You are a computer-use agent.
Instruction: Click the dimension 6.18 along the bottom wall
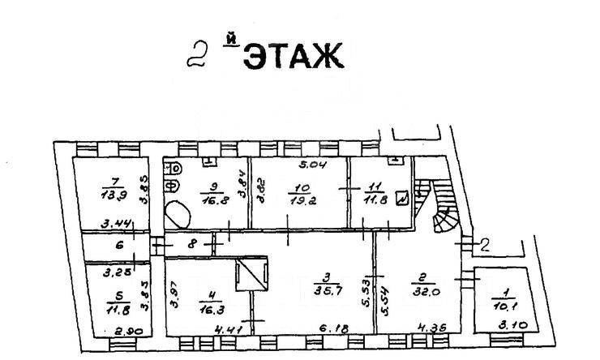(329, 328)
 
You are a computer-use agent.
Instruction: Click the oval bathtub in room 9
(177, 215)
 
